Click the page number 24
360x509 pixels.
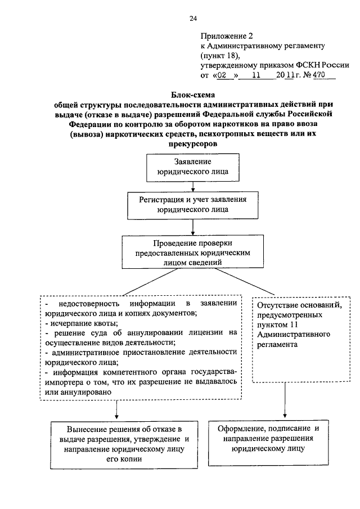[x=193, y=19]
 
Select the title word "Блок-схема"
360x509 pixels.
[x=193, y=95]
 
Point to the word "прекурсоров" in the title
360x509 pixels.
[x=193, y=143]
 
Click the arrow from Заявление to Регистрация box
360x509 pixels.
[x=193, y=185]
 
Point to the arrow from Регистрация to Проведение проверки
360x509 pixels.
[x=193, y=226]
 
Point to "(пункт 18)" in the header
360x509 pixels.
[x=220, y=55]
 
